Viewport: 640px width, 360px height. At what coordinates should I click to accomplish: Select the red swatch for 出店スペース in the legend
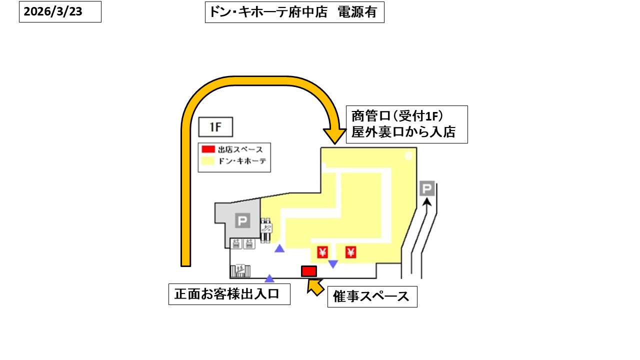click(x=208, y=149)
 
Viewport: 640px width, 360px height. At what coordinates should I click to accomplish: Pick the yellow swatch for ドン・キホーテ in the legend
click(x=208, y=161)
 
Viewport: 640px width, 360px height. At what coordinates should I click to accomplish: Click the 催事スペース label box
click(x=372, y=296)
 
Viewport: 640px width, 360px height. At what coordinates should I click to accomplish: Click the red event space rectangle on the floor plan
click(x=308, y=271)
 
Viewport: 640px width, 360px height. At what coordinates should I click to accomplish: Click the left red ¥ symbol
click(x=322, y=252)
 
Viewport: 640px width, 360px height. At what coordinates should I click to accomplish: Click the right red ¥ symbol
click(x=351, y=252)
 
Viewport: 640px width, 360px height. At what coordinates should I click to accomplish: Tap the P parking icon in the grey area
click(x=242, y=220)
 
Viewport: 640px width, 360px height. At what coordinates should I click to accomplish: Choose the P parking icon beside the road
click(x=426, y=189)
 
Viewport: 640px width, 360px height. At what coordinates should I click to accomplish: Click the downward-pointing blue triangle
click(x=332, y=263)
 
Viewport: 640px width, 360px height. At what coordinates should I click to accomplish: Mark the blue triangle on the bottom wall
click(x=269, y=278)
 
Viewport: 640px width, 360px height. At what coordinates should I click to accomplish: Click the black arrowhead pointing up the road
click(x=426, y=202)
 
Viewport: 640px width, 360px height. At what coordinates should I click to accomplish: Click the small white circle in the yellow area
click(x=408, y=156)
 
